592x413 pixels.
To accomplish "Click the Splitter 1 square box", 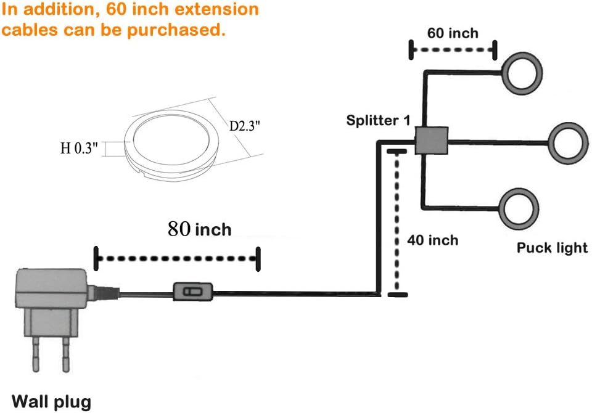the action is point(432,141).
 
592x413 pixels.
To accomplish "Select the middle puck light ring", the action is point(552,144).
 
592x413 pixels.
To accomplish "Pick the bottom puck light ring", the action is point(503,209).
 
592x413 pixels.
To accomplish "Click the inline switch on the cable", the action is point(192,292).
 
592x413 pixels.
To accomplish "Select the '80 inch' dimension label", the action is point(199,229).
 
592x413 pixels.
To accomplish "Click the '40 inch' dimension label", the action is point(433,240).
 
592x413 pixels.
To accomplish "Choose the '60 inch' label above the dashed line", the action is point(453,33).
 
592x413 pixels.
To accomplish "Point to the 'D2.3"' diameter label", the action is point(245,126).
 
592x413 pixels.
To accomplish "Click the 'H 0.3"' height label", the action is point(79,148).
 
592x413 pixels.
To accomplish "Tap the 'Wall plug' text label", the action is point(52,402).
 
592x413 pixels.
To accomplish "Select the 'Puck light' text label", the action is point(552,248).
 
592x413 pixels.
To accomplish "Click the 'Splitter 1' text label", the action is point(378,120).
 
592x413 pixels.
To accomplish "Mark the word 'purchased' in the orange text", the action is point(176,30).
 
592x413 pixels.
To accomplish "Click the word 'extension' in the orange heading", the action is point(217,9).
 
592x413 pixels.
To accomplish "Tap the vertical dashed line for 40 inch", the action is point(397,223).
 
